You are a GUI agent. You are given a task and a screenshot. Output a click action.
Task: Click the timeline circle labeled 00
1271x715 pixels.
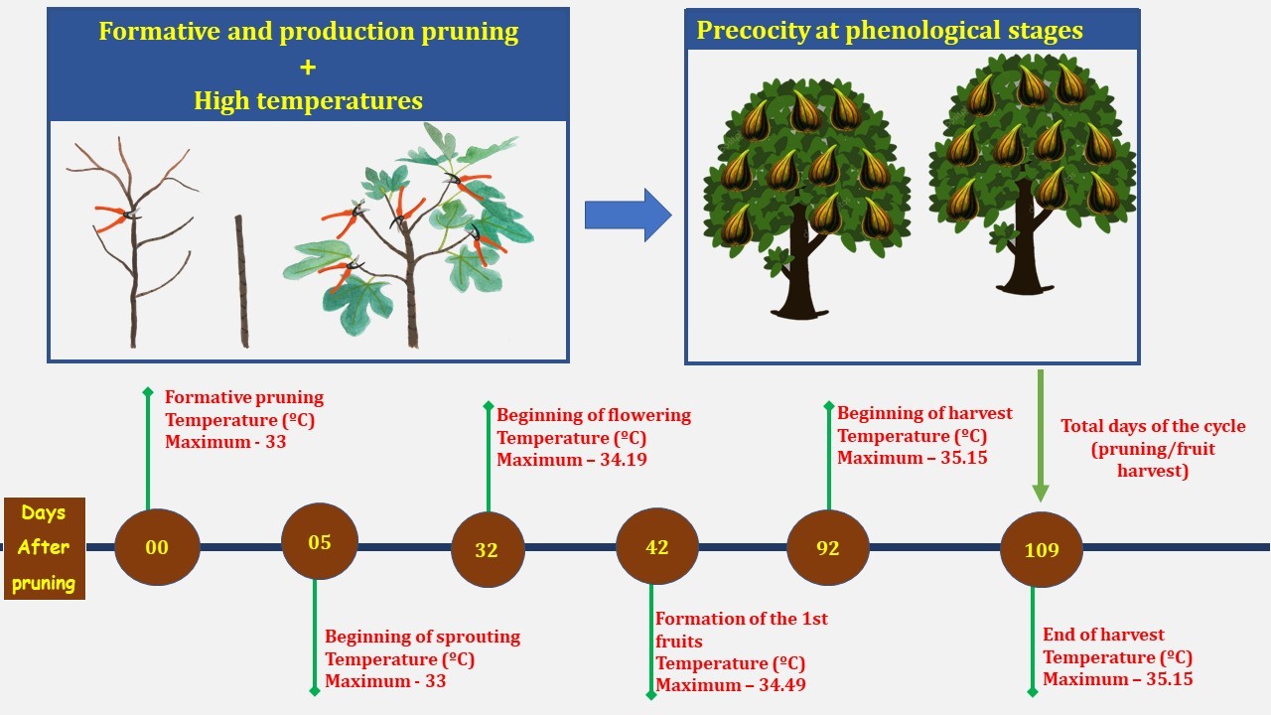(x=157, y=546)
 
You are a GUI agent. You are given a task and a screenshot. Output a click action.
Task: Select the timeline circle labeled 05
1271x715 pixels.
(x=320, y=542)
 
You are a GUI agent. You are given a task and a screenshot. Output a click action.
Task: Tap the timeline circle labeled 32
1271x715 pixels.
(x=488, y=549)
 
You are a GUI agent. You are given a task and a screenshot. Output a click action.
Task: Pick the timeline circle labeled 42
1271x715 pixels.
(x=657, y=546)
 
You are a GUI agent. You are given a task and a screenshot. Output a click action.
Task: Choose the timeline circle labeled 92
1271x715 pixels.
(x=827, y=547)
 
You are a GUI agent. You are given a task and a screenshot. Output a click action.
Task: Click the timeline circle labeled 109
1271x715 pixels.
(x=1042, y=549)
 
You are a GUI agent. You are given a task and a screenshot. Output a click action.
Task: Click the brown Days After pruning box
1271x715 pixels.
(x=44, y=548)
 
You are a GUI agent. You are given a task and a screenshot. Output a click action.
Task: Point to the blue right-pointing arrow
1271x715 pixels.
(x=628, y=214)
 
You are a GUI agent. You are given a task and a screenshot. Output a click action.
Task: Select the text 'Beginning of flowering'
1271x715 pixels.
(x=594, y=415)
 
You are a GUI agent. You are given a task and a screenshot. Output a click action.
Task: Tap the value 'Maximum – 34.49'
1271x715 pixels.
(x=732, y=685)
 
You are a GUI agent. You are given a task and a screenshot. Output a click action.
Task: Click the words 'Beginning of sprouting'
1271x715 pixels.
(x=423, y=637)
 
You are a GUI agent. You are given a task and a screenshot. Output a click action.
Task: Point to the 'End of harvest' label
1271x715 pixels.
(x=1103, y=635)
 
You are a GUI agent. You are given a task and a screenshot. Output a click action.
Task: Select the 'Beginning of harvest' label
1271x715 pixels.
(x=924, y=412)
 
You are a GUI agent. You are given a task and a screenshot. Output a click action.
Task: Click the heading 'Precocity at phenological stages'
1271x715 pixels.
(x=890, y=30)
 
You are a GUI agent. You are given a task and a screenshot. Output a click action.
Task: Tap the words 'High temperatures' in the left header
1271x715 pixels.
(x=308, y=100)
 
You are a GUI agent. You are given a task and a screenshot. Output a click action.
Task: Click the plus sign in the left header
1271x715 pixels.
(x=308, y=67)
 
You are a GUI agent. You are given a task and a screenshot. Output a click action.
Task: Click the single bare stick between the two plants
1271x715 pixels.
(x=241, y=281)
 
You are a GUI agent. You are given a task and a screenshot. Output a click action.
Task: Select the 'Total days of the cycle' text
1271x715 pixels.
(x=1153, y=426)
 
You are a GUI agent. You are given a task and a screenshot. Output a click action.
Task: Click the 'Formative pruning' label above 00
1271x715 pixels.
(x=244, y=397)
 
